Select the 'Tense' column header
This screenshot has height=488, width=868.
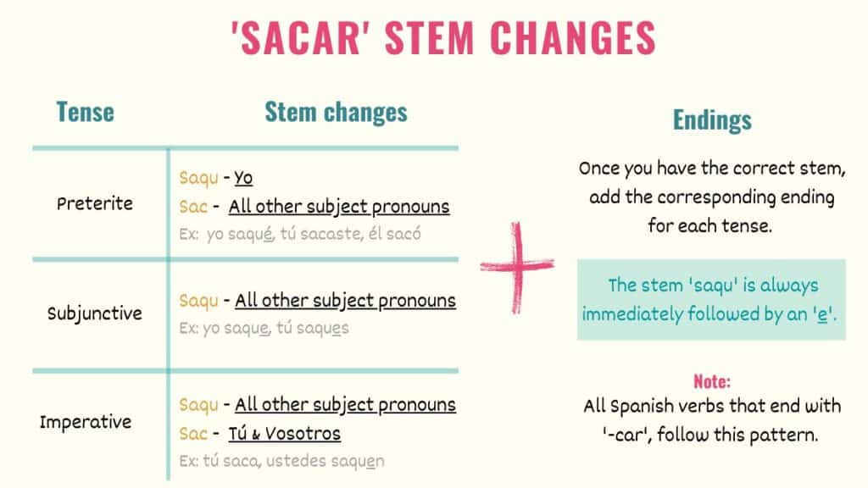[85, 112]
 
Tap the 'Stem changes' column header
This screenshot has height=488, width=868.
[336, 112]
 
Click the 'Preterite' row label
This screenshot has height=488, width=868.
[95, 204]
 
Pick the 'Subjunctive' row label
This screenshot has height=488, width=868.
[95, 313]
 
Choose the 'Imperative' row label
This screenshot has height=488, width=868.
[86, 422]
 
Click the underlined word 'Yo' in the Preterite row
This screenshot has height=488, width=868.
[243, 179]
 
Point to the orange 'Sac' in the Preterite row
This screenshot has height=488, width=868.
[193, 207]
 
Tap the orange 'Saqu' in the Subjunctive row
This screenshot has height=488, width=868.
[199, 301]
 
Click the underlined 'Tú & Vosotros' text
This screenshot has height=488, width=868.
[284, 434]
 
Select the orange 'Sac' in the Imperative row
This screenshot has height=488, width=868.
[193, 434]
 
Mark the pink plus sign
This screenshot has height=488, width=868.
[517, 266]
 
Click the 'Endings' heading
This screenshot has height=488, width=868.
[712, 120]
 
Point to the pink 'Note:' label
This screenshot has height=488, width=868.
[711, 381]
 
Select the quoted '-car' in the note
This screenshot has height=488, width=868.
[620, 433]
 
